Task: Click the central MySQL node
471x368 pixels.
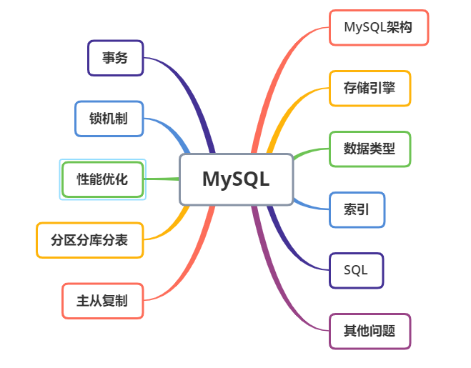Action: [x=236, y=179]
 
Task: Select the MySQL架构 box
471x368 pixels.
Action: [x=378, y=28]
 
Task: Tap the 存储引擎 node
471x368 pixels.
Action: [x=370, y=89]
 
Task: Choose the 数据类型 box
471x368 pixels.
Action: [x=370, y=149]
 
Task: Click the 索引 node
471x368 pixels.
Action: [x=357, y=210]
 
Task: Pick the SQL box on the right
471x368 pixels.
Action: [x=356, y=270]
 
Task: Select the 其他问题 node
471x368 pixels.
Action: [x=370, y=331]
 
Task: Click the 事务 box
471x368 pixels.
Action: [x=115, y=58]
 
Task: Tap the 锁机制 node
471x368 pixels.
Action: [x=109, y=119]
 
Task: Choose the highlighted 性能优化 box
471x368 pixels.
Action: [x=102, y=179]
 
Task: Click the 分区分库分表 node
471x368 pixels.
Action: [x=89, y=240]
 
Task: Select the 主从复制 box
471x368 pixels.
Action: [x=102, y=301]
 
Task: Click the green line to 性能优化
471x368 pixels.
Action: [x=161, y=179]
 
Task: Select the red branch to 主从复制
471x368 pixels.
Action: [x=193, y=257]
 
